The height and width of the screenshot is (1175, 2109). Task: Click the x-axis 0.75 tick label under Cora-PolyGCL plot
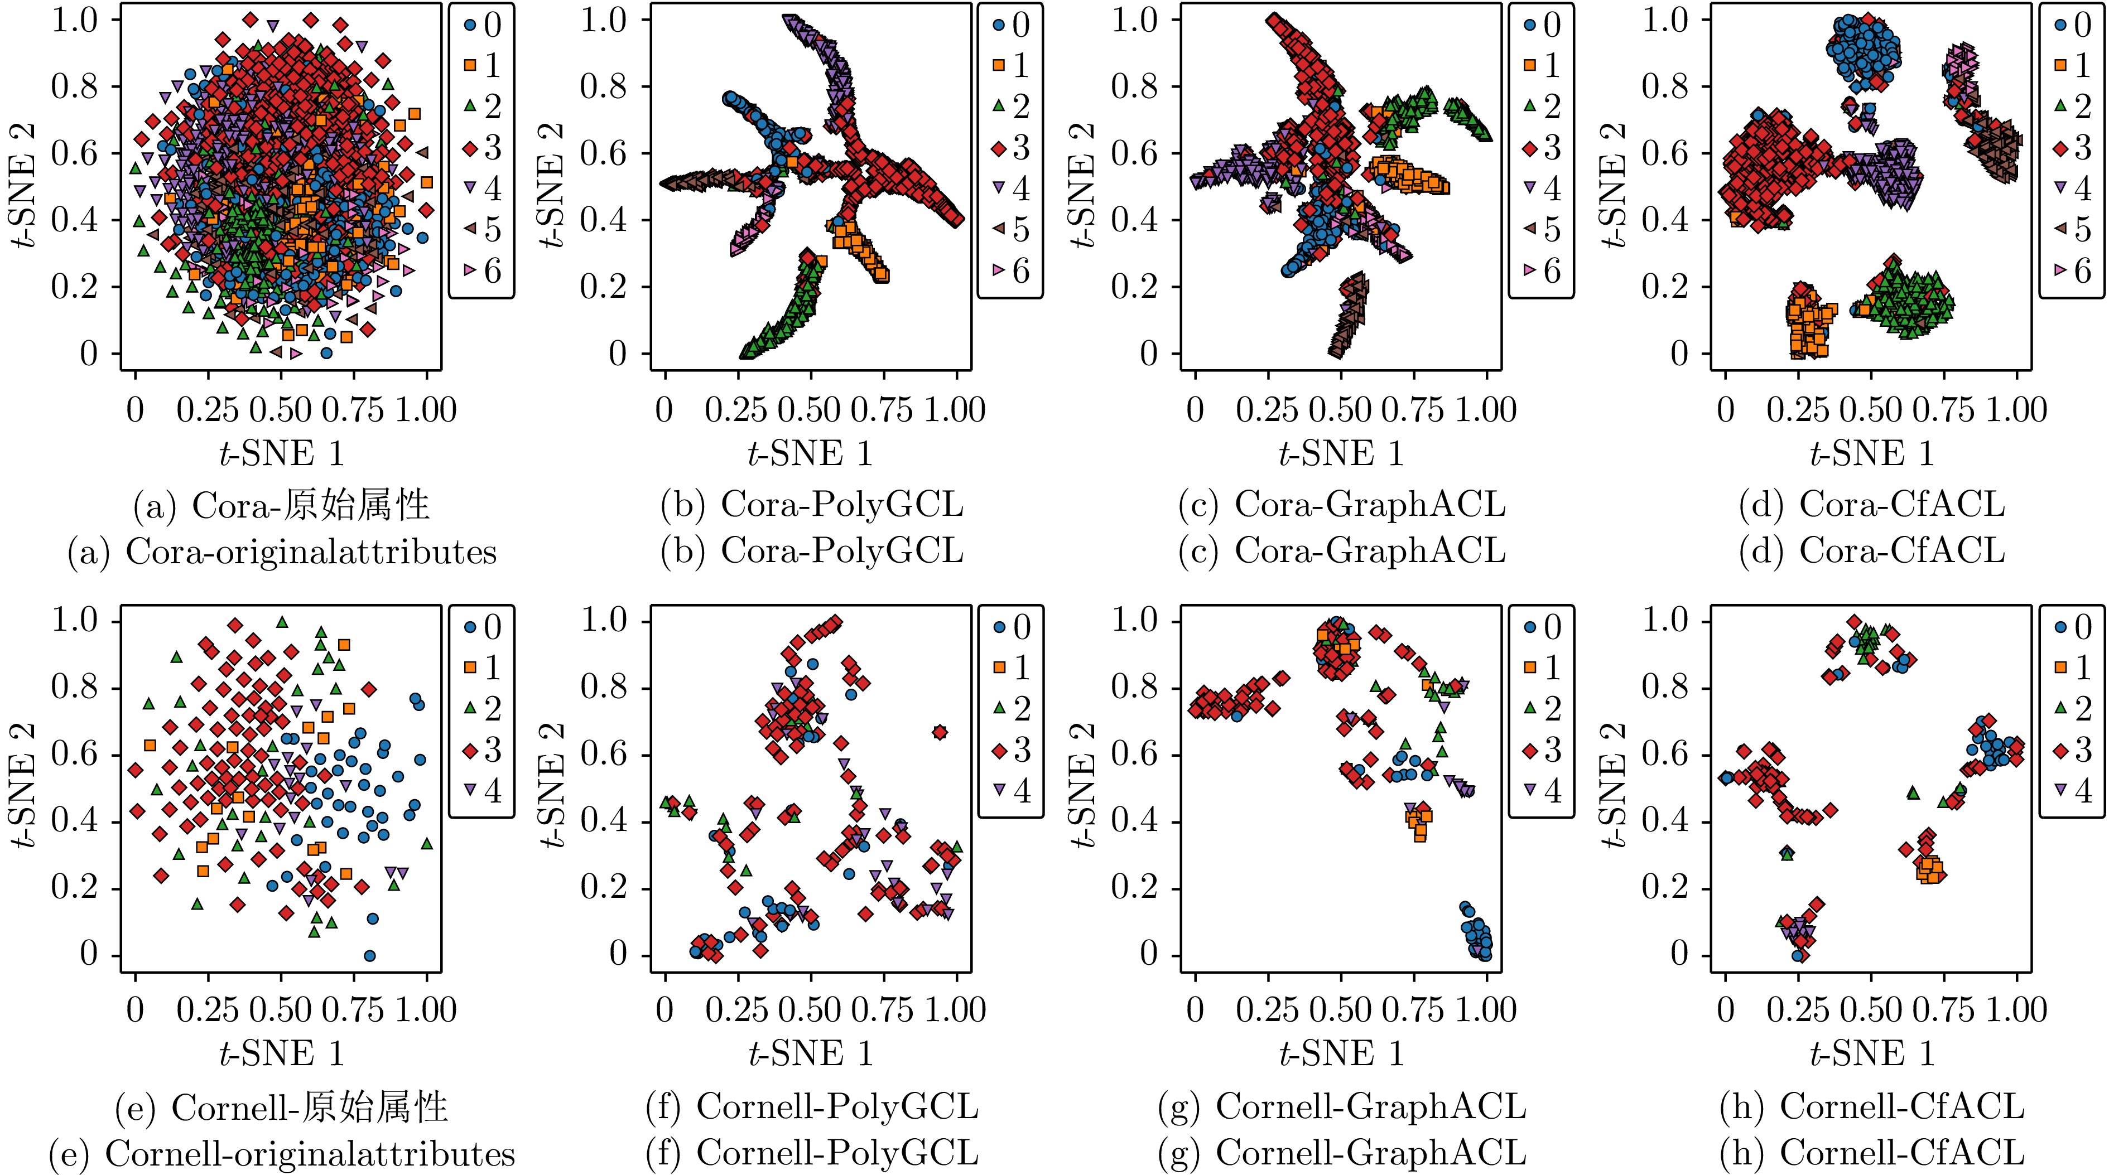click(x=882, y=410)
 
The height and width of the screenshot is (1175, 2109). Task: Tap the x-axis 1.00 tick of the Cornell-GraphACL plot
click(x=1487, y=1010)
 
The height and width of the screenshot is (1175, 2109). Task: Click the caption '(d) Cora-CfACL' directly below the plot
click(x=1871, y=505)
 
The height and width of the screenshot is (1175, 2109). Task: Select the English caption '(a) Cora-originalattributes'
click(x=282, y=552)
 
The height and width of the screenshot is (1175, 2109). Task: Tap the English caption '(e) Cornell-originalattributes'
click(x=282, y=1154)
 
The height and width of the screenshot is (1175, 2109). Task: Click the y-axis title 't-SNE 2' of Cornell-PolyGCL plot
click(x=554, y=786)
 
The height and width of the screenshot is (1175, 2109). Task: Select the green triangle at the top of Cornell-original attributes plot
click(x=282, y=622)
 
